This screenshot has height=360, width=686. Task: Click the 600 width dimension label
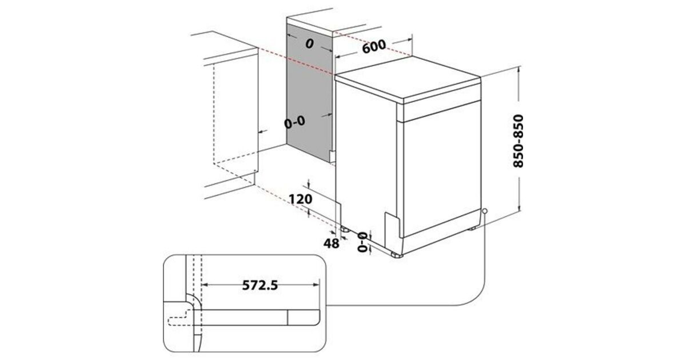374,46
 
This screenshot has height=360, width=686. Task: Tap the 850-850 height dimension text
518,141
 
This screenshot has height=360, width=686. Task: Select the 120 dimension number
301,199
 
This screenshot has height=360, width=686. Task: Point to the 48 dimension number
332,243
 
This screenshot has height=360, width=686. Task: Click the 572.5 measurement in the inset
260,285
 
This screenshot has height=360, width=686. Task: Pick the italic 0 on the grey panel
310,44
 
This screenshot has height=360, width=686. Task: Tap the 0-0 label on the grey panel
294,122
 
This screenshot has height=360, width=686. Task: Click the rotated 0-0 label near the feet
362,242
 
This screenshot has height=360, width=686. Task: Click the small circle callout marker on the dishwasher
485,211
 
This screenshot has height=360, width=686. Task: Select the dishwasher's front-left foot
397,255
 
